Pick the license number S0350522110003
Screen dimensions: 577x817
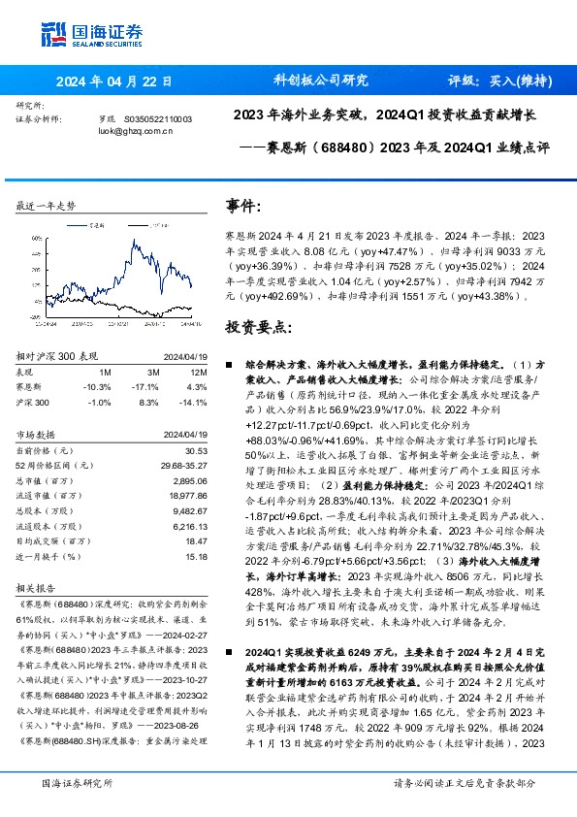tap(159, 117)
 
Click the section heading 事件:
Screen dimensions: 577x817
tap(243, 207)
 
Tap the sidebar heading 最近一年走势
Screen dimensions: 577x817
tap(47, 207)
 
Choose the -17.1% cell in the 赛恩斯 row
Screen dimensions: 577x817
tap(148, 386)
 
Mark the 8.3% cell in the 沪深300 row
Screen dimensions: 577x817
tap(149, 402)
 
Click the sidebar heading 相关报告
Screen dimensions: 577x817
tap(39, 588)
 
